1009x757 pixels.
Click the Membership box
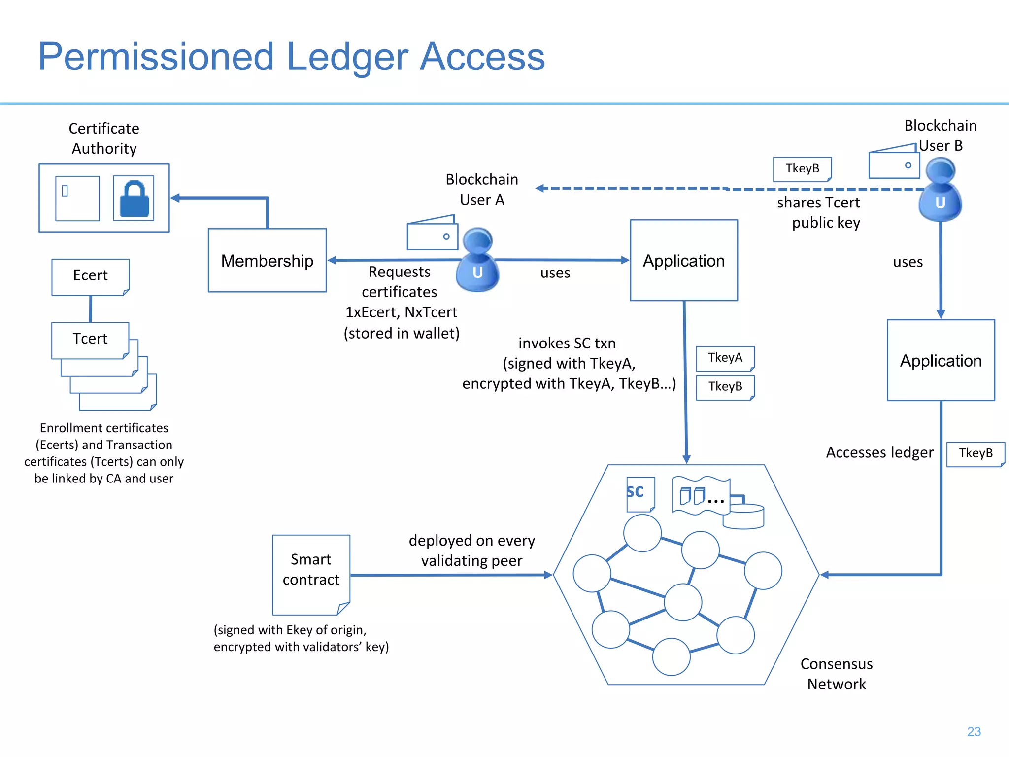point(267,260)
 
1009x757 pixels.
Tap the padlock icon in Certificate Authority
point(134,199)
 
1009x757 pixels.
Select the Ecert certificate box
point(90,276)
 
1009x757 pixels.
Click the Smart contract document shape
point(311,574)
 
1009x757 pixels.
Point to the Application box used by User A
point(684,260)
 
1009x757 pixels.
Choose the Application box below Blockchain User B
point(941,360)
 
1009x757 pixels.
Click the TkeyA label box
point(725,358)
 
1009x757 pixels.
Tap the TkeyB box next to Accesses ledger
point(975,453)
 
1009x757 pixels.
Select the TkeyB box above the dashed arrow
point(802,169)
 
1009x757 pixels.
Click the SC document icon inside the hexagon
point(640,493)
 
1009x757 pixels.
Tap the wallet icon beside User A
point(432,234)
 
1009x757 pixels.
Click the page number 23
point(974,731)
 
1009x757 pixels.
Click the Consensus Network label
point(837,674)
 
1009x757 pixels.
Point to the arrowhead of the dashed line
point(540,188)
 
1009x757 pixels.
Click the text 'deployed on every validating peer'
point(471,551)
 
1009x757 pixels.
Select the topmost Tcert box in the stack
point(90,340)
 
